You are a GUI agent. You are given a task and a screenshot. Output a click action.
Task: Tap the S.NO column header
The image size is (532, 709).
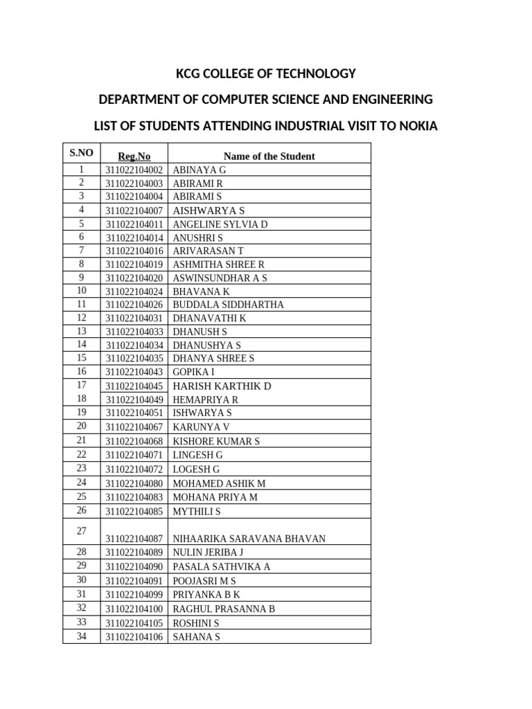pos(81,152)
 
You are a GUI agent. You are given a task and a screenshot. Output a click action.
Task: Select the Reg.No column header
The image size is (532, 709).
pos(134,156)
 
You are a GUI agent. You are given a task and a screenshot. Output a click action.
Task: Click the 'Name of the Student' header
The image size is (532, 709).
pos(269,156)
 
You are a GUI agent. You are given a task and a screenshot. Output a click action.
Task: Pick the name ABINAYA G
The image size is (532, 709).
pos(199,170)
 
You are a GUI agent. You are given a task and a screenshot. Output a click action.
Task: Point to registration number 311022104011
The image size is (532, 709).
pos(134,224)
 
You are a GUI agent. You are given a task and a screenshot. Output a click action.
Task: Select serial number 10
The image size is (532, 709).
pos(81,290)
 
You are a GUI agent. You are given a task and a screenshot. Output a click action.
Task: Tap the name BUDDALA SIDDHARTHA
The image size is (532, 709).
pos(228,305)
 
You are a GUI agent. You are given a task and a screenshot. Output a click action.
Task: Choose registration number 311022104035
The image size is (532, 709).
pos(134,358)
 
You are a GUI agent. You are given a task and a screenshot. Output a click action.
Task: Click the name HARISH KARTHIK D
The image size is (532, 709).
pos(222,386)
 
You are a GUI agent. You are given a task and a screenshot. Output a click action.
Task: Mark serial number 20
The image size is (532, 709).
pos(81,426)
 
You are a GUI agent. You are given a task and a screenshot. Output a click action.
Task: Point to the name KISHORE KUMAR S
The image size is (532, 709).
pos(216,441)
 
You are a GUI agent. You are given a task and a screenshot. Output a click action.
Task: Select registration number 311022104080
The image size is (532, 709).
pos(134,483)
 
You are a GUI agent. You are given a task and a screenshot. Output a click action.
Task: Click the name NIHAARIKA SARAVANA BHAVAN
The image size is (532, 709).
pos(249,539)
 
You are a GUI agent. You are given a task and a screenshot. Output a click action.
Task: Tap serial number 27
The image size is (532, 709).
pos(81,531)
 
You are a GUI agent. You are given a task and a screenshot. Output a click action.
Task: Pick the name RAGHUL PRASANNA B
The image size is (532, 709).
pos(224,609)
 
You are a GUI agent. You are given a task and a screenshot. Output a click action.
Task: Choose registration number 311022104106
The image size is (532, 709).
pos(134,637)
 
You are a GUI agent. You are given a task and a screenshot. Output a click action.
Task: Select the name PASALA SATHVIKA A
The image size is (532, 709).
pos(221,566)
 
